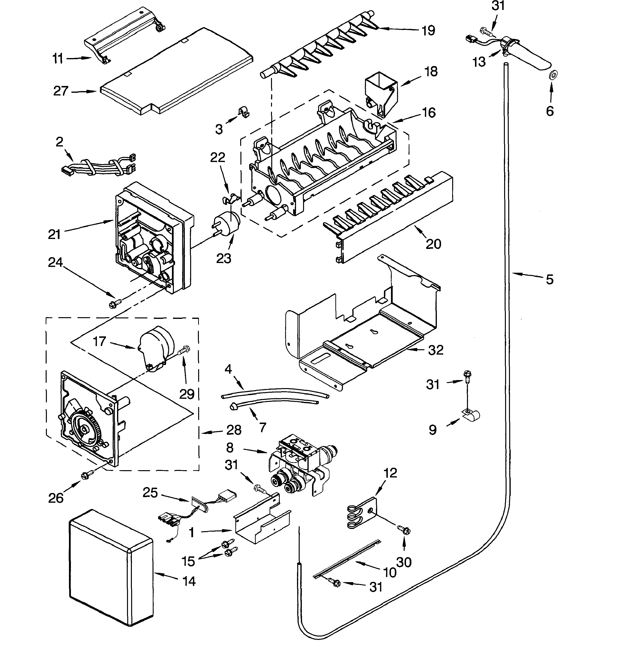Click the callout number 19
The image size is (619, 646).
[428, 31]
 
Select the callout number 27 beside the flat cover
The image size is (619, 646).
[61, 91]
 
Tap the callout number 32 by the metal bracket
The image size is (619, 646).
[436, 350]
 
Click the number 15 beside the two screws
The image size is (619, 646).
[188, 561]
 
